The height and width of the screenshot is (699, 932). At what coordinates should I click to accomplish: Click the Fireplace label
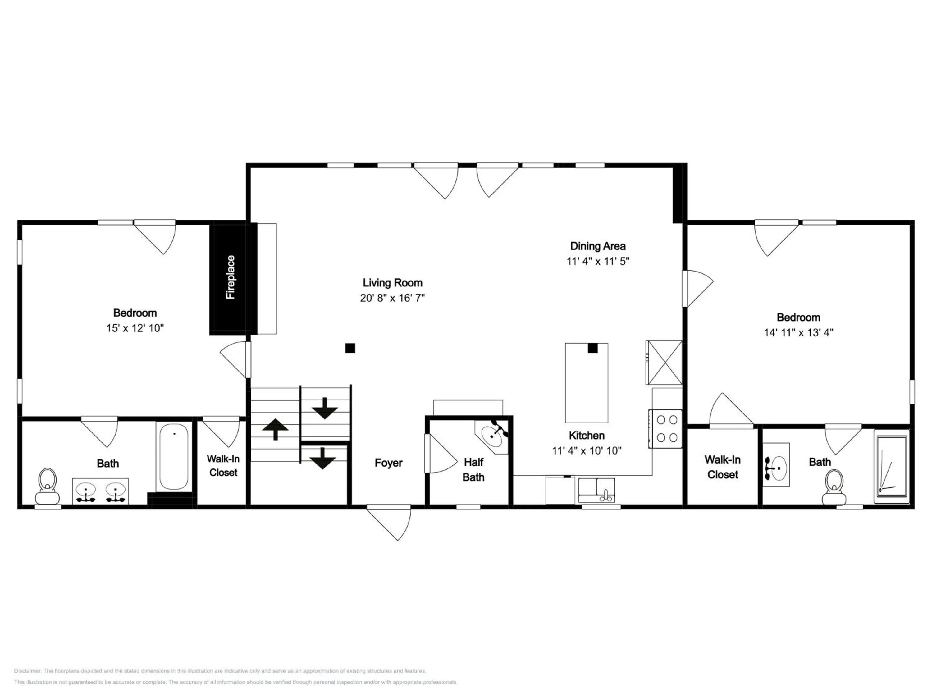(231, 277)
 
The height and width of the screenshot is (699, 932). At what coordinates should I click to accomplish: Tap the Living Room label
(392, 283)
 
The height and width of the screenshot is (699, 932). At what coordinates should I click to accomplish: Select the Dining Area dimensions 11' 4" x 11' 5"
(598, 261)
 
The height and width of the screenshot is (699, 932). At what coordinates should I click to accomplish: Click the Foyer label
(388, 463)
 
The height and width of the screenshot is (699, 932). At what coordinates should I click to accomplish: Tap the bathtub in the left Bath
(174, 457)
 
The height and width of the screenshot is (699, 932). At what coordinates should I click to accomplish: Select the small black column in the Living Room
(350, 348)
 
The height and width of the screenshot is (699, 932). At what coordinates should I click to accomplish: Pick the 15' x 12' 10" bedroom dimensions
(135, 328)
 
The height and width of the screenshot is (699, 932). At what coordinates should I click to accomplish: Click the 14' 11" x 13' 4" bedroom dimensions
(798, 332)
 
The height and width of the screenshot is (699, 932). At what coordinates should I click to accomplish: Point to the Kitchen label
(587, 435)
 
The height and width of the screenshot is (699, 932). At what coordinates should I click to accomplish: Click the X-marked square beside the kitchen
(664, 362)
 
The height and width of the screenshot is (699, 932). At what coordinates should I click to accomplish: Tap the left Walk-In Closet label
(223, 466)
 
